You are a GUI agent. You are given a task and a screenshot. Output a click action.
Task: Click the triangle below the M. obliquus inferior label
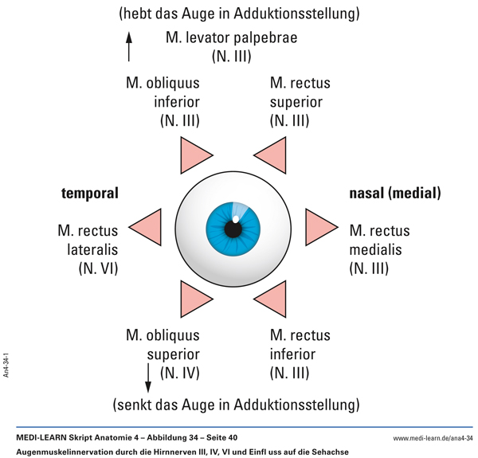point(193,151)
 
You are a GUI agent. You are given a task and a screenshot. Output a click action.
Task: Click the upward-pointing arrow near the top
point(129,46)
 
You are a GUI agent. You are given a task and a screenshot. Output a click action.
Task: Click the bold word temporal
point(89,194)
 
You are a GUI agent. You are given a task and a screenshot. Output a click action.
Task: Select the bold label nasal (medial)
point(395,194)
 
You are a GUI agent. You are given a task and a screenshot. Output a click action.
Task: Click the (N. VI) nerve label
point(97,268)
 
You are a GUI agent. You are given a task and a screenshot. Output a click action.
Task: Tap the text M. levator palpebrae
point(231,37)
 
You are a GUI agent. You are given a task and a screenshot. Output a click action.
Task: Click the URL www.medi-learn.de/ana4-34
point(433,438)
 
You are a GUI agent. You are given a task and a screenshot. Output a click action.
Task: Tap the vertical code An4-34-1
point(6,362)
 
